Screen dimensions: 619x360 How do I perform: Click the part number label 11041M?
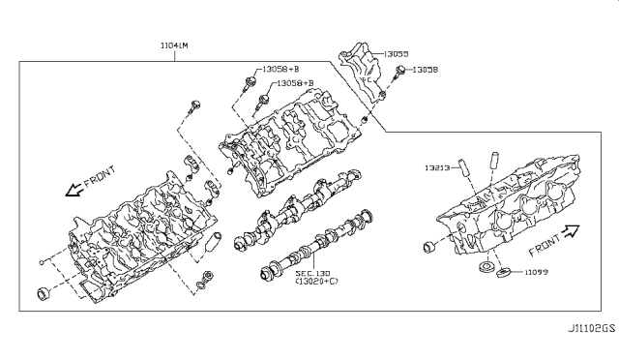click(x=174, y=45)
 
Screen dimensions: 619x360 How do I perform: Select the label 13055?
click(x=396, y=54)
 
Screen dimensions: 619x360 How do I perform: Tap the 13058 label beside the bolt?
click(x=426, y=70)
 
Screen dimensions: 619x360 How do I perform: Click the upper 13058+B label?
click(x=280, y=69)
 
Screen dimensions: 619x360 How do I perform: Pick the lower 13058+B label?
click(x=295, y=83)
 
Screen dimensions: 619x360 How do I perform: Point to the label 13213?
click(x=437, y=167)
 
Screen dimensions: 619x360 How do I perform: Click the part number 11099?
click(x=536, y=272)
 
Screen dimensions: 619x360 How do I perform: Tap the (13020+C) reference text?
click(x=316, y=281)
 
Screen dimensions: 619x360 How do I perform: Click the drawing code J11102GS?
click(x=591, y=328)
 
